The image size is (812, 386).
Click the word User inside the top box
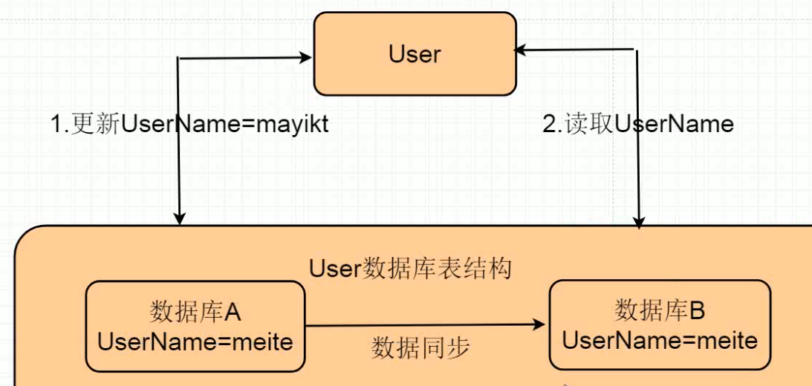415,54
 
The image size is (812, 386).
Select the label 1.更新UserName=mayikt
189,124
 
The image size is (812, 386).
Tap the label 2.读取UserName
638,124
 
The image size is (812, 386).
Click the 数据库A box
195,327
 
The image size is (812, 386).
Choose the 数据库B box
660,324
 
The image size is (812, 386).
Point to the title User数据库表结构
410,267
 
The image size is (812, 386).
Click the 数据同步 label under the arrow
420,347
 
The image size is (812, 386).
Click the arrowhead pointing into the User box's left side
305,56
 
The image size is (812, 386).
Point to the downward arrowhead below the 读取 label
639,221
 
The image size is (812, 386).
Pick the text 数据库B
660,310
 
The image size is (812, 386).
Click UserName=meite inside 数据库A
195,341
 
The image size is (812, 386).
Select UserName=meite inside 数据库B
660,340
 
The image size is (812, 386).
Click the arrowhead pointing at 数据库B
541,325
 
